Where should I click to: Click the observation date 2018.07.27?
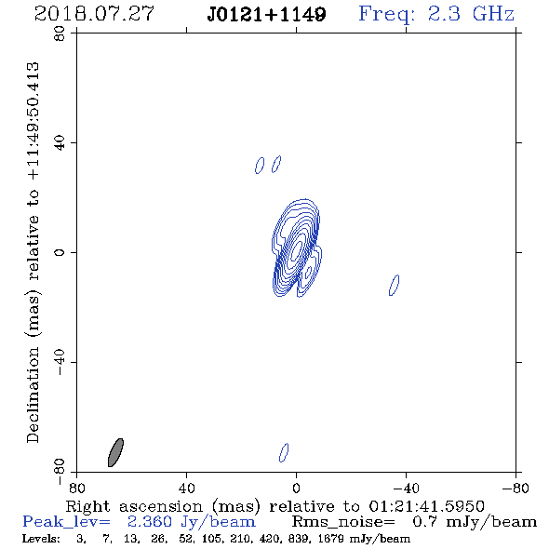94,14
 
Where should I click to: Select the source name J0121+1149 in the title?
266,14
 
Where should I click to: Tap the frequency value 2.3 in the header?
444,14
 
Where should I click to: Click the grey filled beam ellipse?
115,452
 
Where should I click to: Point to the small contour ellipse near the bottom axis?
284,453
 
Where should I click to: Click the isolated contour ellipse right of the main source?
394,286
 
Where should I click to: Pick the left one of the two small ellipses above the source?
260,166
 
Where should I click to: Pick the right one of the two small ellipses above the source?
276,164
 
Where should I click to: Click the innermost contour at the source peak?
296,249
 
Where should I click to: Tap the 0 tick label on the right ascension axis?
296,488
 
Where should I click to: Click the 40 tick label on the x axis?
187,488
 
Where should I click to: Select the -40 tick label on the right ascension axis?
406,488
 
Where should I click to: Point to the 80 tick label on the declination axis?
60,33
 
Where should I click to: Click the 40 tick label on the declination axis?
60,143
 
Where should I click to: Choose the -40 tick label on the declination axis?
60,362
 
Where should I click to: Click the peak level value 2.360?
150,522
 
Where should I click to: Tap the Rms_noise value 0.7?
424,522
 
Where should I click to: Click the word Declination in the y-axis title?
33,395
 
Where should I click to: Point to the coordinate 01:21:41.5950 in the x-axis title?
426,506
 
